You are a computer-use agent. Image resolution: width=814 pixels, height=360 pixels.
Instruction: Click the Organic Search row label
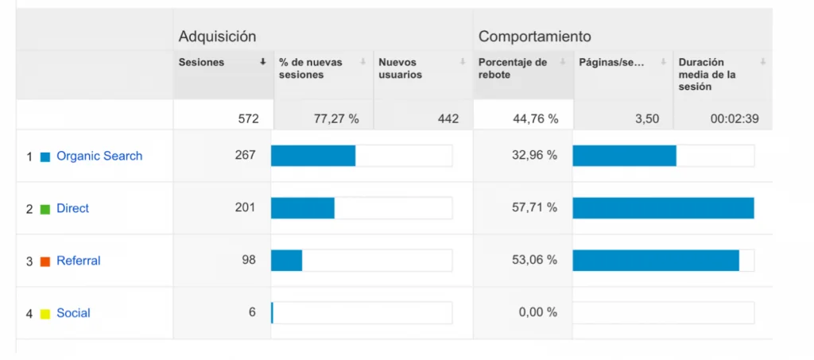[x=99, y=157]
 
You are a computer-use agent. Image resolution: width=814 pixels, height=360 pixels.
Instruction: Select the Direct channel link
[x=72, y=209]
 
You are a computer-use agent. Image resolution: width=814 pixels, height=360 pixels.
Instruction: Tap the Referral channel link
[x=78, y=261]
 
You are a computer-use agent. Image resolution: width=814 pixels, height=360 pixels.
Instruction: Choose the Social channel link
[x=73, y=313]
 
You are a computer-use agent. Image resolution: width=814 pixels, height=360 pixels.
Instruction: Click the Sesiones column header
[x=201, y=63]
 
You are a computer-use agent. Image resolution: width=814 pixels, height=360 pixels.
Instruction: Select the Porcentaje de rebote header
[x=513, y=68]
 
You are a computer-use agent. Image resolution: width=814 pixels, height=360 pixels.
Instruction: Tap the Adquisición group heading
[x=217, y=37]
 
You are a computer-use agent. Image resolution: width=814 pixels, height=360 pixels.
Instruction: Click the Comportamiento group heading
[x=534, y=37]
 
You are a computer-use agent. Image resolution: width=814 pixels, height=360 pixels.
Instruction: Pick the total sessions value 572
[x=248, y=119]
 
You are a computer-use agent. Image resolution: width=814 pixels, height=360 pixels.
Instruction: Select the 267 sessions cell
[x=245, y=155]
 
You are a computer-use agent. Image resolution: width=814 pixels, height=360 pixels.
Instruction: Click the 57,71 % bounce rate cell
[x=534, y=207]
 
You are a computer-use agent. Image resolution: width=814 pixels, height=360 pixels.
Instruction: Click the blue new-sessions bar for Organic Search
[x=313, y=156]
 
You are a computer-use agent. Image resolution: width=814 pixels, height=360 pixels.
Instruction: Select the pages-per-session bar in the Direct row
[x=663, y=208]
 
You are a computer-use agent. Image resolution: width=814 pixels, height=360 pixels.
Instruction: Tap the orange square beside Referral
[x=45, y=261]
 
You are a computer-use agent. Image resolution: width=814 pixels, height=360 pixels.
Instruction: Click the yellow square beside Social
[x=45, y=314]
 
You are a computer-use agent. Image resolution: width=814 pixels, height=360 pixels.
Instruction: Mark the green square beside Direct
[x=45, y=209]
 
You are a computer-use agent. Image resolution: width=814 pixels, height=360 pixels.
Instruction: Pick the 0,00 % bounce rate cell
[x=537, y=312]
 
